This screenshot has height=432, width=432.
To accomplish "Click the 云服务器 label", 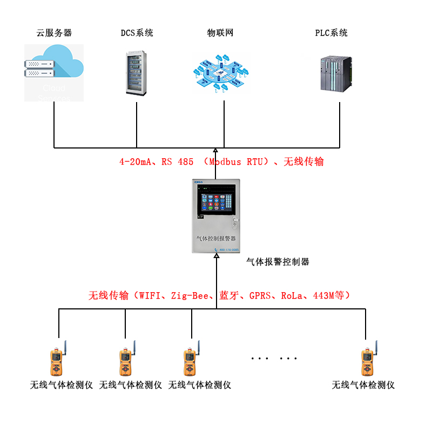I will (54, 33).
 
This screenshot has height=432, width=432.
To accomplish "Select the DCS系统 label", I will (137, 33).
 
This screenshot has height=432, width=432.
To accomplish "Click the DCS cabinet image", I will (136, 73).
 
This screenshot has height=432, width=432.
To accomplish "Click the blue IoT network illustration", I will (221, 73).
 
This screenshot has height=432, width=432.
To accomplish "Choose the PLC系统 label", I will (332, 33).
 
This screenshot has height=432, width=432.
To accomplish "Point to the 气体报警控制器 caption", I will (278, 262).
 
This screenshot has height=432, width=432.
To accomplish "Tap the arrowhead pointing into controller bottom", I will (216, 258).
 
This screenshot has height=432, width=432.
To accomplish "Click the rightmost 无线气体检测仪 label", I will (363, 385).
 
